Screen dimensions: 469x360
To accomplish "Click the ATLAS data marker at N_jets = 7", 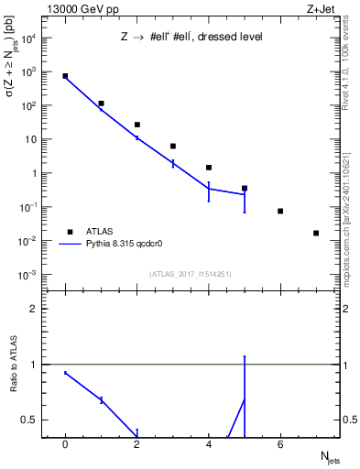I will point(316,233).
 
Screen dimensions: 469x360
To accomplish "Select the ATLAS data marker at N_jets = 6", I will point(280,212).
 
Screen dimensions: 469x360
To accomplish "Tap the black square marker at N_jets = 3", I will point(173,146).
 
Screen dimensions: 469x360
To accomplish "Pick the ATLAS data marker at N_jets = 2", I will point(137,125).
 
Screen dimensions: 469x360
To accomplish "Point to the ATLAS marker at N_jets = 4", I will point(209,168).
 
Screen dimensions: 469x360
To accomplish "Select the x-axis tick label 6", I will point(280,445).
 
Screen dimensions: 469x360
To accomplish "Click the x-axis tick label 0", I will point(65,445).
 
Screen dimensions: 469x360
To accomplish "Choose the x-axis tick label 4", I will point(209,445).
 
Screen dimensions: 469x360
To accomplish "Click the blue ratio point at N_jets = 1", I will point(101,399).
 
